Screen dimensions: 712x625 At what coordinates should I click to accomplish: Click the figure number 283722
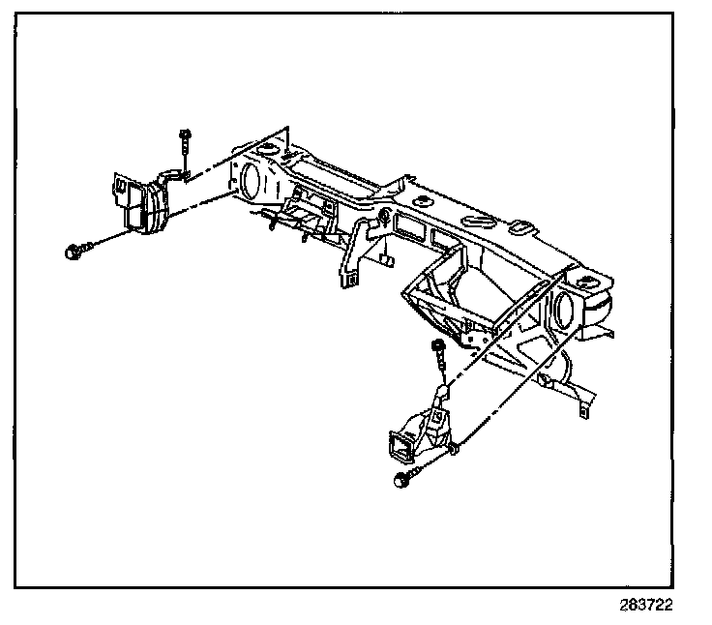(x=645, y=604)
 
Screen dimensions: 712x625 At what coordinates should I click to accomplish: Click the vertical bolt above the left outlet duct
(x=183, y=145)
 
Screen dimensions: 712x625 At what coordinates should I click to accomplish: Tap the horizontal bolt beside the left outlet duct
(x=76, y=251)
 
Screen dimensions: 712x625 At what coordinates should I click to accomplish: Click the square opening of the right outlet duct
(x=398, y=446)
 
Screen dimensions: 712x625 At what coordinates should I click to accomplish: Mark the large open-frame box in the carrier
(x=450, y=290)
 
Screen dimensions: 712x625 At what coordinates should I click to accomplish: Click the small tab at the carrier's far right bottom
(x=584, y=409)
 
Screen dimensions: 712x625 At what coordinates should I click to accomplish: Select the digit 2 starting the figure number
(x=624, y=604)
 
